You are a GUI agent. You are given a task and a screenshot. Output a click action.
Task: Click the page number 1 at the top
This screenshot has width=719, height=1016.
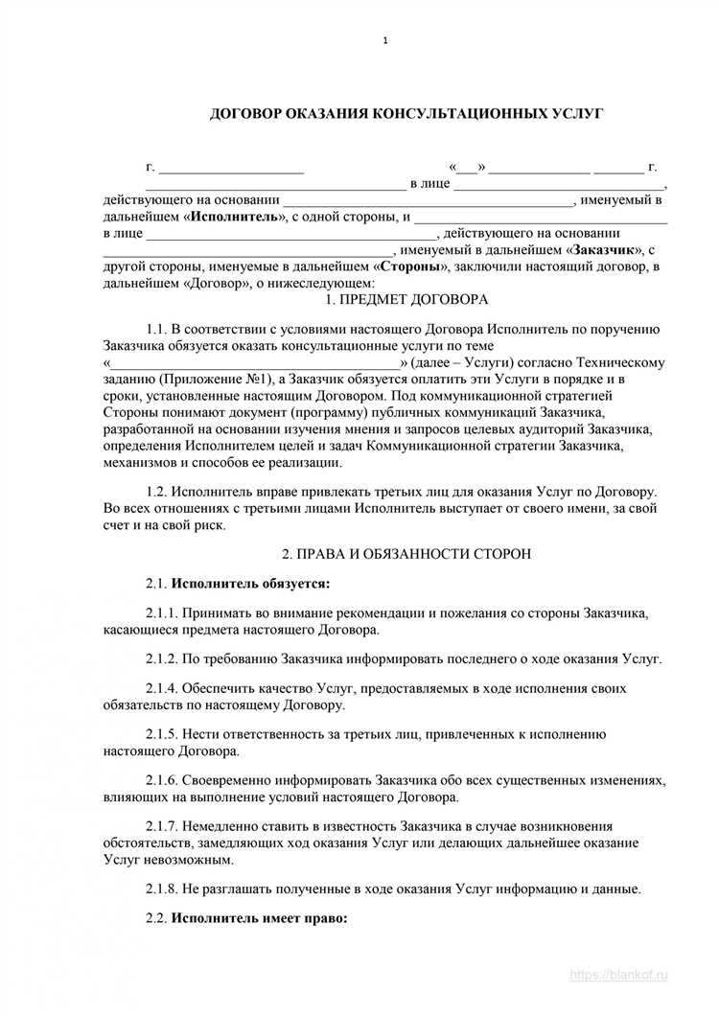(384, 40)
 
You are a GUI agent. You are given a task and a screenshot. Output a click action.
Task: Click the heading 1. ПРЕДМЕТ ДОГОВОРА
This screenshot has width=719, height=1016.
(406, 299)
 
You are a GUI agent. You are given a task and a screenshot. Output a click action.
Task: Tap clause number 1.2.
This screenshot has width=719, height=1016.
(157, 491)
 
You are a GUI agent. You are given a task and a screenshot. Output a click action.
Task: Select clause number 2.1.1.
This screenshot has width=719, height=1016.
(163, 612)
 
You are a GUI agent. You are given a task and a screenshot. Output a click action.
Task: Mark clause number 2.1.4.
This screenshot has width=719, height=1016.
(163, 688)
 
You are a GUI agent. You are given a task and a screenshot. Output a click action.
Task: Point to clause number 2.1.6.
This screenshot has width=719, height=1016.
(163, 780)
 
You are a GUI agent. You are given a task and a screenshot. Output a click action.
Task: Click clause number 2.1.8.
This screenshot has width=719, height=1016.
(163, 889)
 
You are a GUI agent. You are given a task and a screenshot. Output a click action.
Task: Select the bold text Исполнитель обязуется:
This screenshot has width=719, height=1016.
(249, 583)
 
